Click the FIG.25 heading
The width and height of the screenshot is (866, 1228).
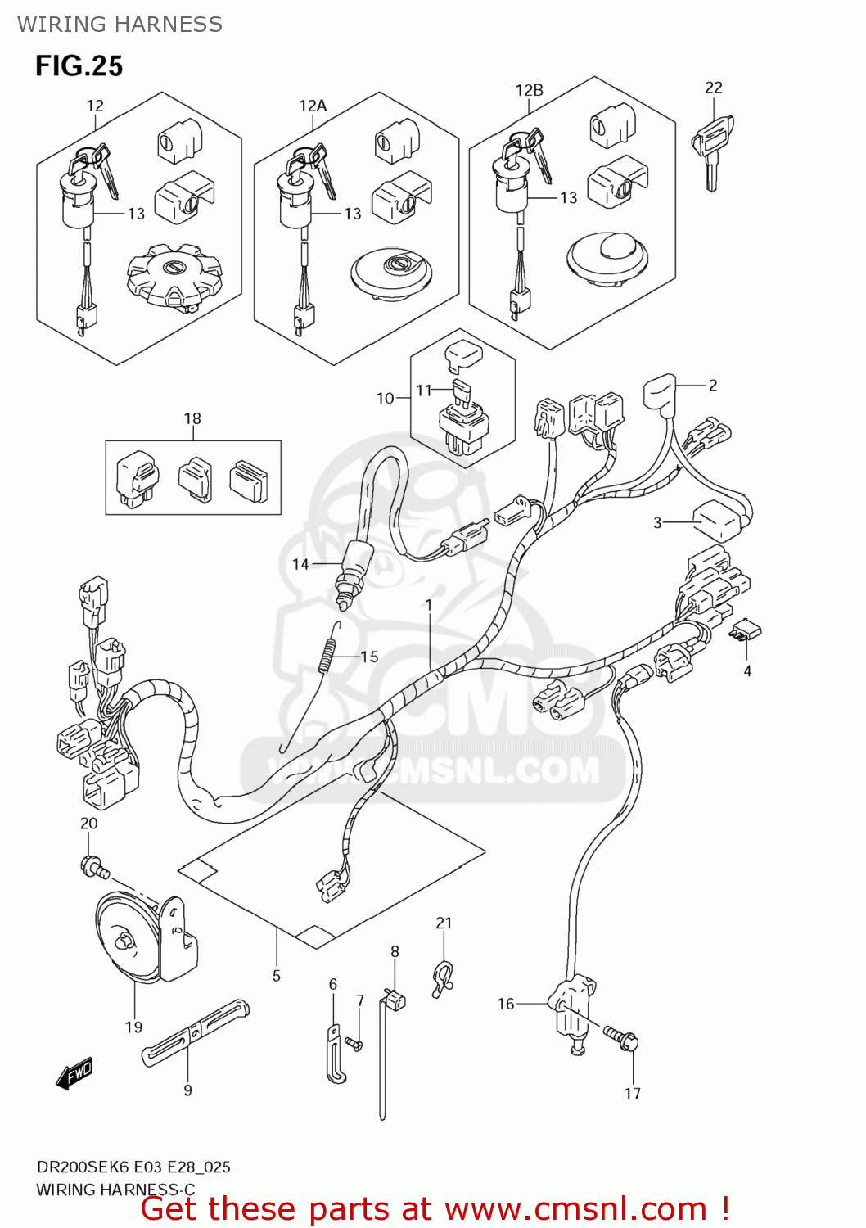(x=79, y=65)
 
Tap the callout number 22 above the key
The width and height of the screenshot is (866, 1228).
(x=714, y=88)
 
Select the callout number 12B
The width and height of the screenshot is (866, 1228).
(x=529, y=90)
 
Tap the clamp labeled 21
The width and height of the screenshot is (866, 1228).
(x=443, y=977)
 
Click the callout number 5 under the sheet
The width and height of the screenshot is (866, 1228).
(x=277, y=975)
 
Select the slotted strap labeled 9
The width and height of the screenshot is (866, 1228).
(x=195, y=1033)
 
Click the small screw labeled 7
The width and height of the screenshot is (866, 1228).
(x=354, y=1044)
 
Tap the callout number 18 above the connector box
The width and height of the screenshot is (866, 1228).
(x=192, y=418)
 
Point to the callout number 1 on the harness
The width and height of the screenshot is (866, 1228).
(x=428, y=605)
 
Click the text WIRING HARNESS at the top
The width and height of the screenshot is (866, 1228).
(x=120, y=24)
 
